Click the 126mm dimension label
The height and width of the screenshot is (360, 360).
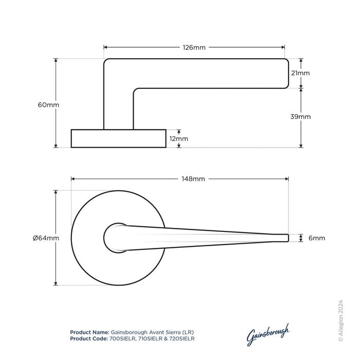pyautogui.click(x=194, y=47)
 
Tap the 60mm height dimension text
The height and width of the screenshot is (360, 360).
pyautogui.click(x=48, y=105)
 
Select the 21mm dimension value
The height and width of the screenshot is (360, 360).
pyautogui.click(x=300, y=73)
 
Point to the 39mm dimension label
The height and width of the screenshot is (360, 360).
pyautogui.click(x=300, y=117)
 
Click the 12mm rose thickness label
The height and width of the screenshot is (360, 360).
pyautogui.click(x=178, y=139)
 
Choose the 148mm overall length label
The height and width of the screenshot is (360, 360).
pyautogui.click(x=193, y=179)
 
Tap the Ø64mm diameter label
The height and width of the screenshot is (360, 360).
pyautogui.click(x=46, y=238)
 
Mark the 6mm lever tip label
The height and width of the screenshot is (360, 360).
pyautogui.click(x=317, y=238)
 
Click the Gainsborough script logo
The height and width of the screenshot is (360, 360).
pyautogui.click(x=268, y=334)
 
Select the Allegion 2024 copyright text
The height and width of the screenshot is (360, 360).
pyautogui.click(x=340, y=321)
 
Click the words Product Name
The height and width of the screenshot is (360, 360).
pyautogui.click(x=89, y=332)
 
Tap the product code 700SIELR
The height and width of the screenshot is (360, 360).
pyautogui.click(x=122, y=338)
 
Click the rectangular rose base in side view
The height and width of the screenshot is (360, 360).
pyautogui.click(x=118, y=138)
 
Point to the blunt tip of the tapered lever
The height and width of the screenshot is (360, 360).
pyautogui.click(x=288, y=238)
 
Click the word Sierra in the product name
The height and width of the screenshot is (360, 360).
pyautogui.click(x=173, y=332)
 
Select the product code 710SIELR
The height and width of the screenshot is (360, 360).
pyautogui.click(x=150, y=338)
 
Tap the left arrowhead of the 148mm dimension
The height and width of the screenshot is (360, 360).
pyautogui.click(x=73, y=179)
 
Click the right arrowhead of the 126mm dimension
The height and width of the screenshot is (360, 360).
pyautogui.click(x=283, y=47)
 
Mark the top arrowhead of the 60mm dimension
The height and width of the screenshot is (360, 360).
pyautogui.click(x=56, y=60)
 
